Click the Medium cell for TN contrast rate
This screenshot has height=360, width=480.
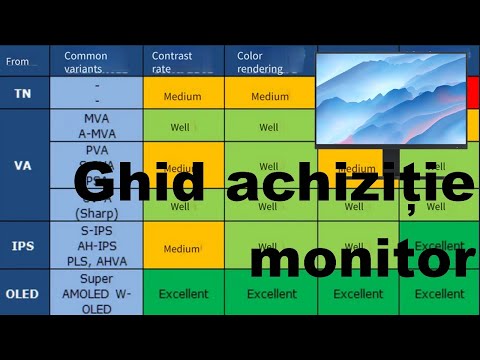(183, 97)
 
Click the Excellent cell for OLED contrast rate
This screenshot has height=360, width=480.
(183, 294)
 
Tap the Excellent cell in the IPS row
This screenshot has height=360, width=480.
(440, 245)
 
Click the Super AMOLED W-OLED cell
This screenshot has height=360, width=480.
(97, 294)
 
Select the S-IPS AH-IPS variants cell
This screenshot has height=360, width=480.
(97, 246)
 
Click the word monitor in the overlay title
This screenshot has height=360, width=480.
(361, 259)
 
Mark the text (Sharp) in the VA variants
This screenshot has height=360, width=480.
(97, 213)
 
